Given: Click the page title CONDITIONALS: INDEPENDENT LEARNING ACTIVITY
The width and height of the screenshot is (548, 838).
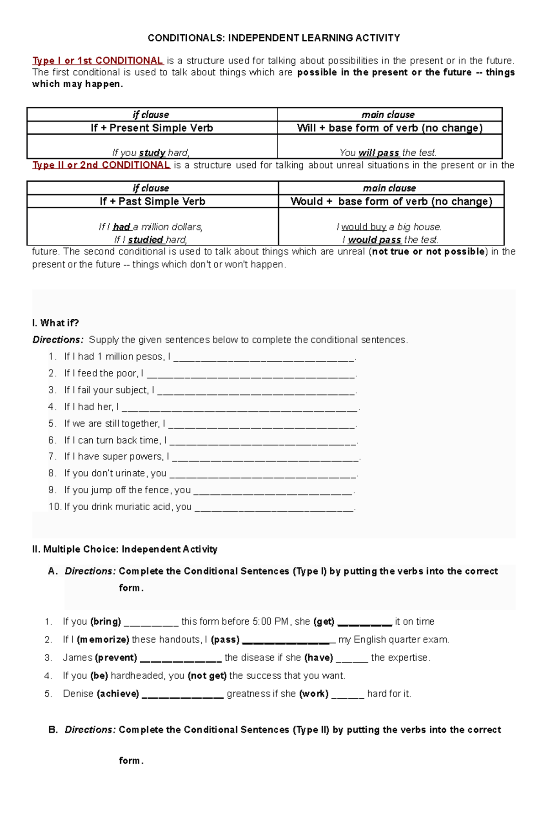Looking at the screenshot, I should [274, 38].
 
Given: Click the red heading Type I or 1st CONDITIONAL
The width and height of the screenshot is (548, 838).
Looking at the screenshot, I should [98, 61].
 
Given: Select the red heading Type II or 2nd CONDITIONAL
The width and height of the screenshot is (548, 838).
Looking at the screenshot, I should [101, 165].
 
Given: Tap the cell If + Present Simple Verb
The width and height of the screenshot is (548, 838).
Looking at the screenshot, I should [152, 128].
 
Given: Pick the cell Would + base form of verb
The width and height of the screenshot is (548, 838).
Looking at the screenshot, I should [391, 201].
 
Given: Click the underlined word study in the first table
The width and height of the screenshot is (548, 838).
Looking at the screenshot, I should [152, 153].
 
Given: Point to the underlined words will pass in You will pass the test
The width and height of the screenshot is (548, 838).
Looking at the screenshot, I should [379, 153].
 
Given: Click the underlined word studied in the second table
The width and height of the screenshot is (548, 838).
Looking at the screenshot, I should [146, 240].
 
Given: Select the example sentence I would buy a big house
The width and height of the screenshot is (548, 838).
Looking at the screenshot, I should [389, 227].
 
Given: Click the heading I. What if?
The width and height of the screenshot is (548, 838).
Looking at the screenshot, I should [55, 323].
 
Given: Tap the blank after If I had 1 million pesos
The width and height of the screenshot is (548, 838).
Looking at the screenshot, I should [263, 358].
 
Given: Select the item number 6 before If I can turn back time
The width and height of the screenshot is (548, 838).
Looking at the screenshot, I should [52, 440].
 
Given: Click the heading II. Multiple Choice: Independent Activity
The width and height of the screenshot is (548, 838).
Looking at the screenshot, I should [125, 549].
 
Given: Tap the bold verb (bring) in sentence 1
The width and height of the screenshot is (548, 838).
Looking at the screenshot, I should [105, 622].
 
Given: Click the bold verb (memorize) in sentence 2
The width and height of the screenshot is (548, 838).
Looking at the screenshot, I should [103, 639].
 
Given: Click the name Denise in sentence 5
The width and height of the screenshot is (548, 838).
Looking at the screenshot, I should [78, 694].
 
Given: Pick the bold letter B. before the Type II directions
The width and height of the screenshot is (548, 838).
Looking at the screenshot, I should [53, 730].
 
